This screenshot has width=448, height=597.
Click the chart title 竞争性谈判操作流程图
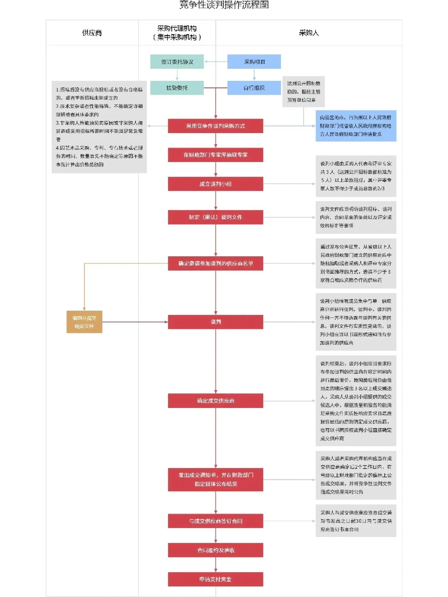coord(224,5)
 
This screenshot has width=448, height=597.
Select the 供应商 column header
coord(92,33)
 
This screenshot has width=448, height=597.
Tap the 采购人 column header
coord(309,33)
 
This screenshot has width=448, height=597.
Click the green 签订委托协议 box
coord(177,62)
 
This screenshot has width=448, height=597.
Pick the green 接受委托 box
coord(177,88)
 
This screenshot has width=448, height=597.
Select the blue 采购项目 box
coord(254,62)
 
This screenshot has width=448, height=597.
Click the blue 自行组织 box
coord(254,88)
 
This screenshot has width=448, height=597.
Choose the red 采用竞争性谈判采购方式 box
coord(215,126)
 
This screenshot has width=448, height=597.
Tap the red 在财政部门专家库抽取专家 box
coord(215,155)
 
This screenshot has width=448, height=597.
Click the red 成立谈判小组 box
coord(215,184)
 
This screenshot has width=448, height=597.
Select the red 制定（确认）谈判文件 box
coord(215,217)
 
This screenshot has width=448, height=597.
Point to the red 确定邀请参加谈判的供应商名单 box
coord(215,263)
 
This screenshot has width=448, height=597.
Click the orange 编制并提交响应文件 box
coord(84,322)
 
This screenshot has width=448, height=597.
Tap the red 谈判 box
coord(215,322)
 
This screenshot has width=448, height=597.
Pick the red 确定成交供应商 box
coord(215,401)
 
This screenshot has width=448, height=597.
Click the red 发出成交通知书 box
coord(215,480)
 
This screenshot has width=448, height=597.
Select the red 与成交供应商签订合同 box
coord(215,521)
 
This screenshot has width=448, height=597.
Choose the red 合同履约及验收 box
coord(215,550)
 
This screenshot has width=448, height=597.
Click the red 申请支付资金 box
coord(215,579)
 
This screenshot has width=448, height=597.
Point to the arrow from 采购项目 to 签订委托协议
coord(216,62)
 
